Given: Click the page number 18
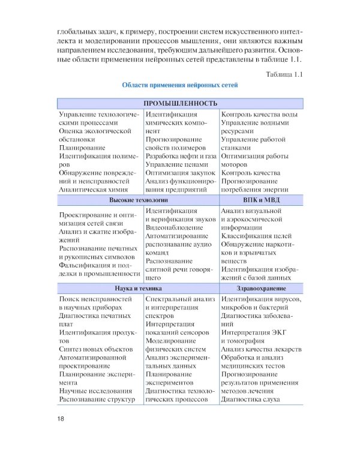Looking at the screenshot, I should pyautogui.click(x=61, y=418).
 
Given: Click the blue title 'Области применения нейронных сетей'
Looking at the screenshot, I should pyautogui.click(x=180, y=85).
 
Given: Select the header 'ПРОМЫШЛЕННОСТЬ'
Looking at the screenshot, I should pyautogui.click(x=180, y=103).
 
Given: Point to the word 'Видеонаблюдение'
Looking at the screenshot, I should pyautogui.click(x=174, y=228).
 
